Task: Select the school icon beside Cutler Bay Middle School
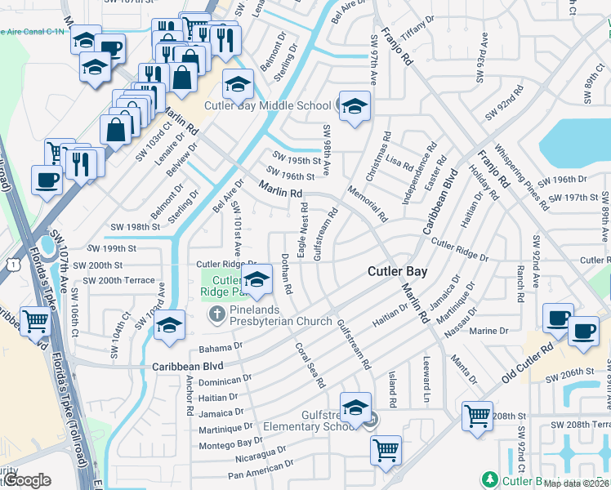pos(355,107)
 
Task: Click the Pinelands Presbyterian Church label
pos(280,315)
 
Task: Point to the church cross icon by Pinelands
pos(217,314)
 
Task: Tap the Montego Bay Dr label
pos(231,442)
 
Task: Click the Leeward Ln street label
pos(426,370)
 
